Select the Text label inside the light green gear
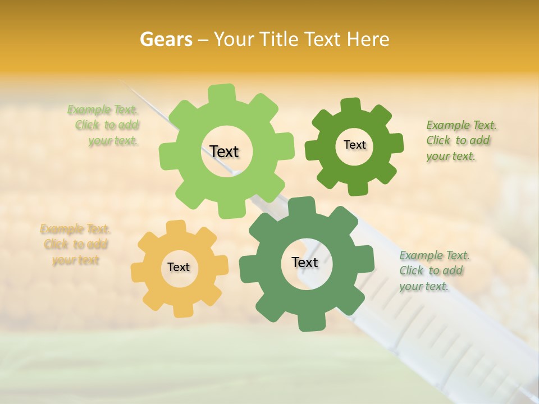click(224, 151)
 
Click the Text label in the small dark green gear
click(354, 145)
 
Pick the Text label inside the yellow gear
click(179, 268)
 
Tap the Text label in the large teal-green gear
click(305, 263)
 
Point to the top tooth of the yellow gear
click(176, 227)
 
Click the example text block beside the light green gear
click(104, 125)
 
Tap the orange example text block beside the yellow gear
click(75, 245)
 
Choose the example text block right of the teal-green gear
click(433, 271)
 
